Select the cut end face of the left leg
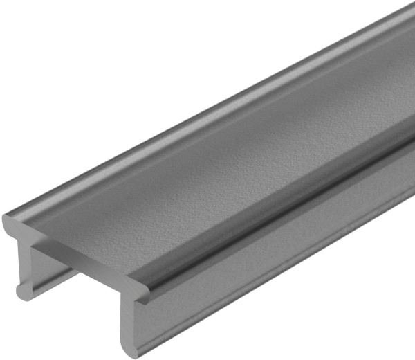[x=25, y=267]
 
